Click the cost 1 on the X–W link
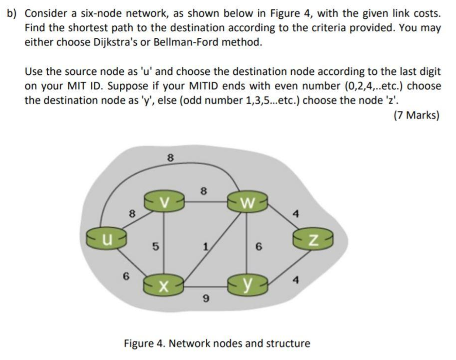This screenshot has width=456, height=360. pyautogui.click(x=206, y=245)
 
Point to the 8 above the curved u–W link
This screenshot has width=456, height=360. pyautogui.click(x=170, y=157)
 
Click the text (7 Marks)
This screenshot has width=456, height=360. pyautogui.click(x=416, y=115)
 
